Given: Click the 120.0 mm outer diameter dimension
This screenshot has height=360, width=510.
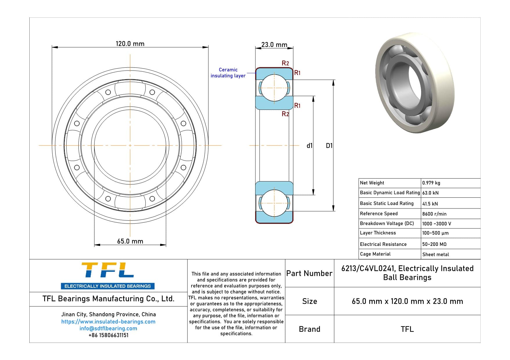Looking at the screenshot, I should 130,44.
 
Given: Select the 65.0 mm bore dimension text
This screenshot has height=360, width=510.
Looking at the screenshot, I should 130,241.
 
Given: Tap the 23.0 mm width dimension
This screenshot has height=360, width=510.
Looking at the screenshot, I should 274,45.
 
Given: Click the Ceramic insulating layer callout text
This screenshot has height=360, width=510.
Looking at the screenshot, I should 228,73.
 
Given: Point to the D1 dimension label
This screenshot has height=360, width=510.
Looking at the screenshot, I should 329,146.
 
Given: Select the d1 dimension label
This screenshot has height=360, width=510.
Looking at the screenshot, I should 309,146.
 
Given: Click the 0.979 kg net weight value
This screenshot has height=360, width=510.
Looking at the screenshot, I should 431,183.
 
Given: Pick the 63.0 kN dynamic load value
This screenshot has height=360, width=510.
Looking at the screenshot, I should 430,193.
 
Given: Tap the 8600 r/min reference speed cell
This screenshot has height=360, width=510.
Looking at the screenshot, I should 434,214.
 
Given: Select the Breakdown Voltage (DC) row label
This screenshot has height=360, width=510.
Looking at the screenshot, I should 387,223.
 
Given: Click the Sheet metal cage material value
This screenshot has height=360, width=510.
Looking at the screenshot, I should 435,254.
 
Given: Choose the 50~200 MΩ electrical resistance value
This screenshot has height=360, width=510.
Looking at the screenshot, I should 434,244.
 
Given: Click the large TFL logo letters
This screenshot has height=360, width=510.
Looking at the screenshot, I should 108,270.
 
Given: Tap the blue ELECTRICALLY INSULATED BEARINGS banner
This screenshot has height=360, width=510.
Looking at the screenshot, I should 108,286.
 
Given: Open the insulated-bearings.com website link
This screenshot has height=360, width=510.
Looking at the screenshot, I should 108,322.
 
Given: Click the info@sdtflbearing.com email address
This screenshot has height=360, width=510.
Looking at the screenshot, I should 108,328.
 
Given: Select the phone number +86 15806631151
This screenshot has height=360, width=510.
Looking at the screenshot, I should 108,335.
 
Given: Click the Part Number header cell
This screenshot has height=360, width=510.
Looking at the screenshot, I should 309,273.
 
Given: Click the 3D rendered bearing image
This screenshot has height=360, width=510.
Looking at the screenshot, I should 415,83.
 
